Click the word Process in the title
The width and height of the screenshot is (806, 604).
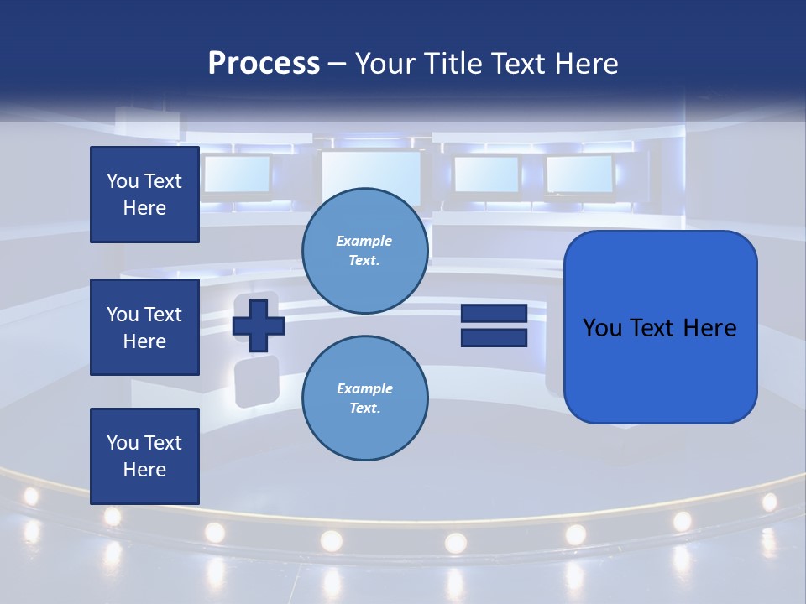[264, 64]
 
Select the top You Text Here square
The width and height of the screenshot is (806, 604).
[144, 195]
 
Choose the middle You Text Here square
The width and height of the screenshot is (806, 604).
[144, 327]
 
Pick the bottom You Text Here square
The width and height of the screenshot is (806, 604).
[144, 456]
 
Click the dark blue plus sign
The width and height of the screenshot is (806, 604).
[259, 323]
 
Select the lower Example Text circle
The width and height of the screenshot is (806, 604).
[365, 398]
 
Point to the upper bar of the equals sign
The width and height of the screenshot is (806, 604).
[494, 313]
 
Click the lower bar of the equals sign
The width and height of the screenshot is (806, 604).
[494, 337]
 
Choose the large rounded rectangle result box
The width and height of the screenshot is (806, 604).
[660, 369]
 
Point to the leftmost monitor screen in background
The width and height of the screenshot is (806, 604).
[237, 174]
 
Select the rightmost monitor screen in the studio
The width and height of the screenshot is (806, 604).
[579, 174]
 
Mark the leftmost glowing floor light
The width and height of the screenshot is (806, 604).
[31, 496]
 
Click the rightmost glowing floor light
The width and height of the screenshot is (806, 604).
[769, 502]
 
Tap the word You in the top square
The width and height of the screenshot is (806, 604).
[122, 181]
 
